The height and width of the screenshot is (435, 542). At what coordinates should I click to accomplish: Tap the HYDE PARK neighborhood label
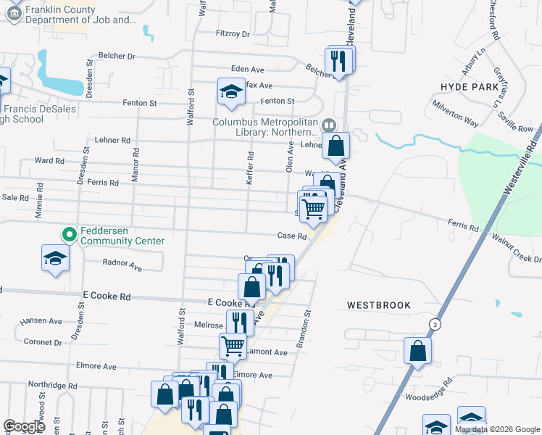tap(470, 86)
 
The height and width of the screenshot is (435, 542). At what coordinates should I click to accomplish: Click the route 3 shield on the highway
tap(434, 323)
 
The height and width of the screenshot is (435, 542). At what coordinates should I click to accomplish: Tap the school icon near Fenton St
tap(231, 91)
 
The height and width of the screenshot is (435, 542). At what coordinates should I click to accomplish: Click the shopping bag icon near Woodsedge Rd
tap(419, 351)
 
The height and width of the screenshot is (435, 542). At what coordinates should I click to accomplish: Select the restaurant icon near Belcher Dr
tap(337, 61)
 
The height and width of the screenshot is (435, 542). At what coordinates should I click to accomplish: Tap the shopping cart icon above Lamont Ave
tap(233, 345)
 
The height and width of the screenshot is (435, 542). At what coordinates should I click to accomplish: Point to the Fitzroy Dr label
tap(232, 34)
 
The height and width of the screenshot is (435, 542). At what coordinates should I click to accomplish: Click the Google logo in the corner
tap(25, 426)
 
